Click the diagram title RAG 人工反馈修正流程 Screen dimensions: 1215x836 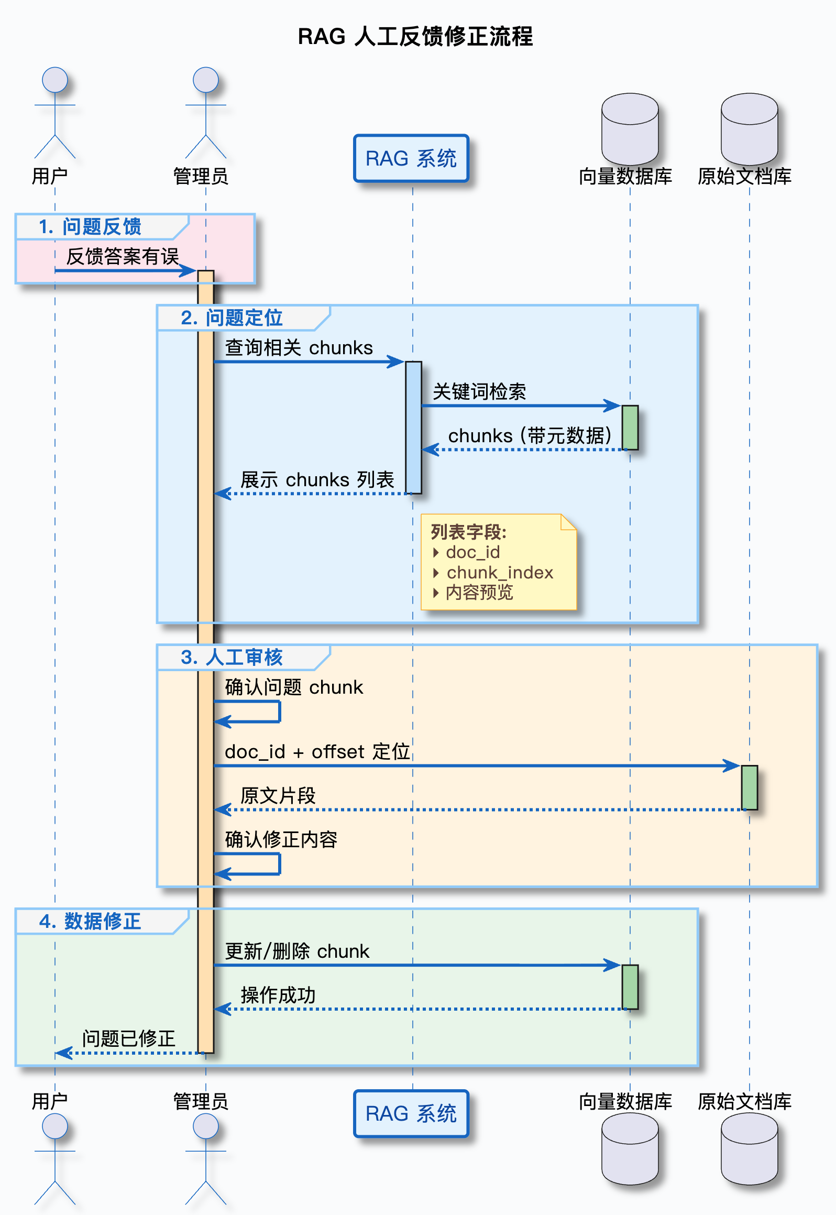(x=415, y=37)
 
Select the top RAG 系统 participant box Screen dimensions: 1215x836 (x=411, y=158)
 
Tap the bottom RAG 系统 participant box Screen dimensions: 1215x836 (x=411, y=1113)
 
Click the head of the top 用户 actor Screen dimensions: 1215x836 (x=55, y=80)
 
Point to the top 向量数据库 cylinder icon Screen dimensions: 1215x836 (x=630, y=129)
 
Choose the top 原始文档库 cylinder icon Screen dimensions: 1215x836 (x=749, y=129)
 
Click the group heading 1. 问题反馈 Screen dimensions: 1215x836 (x=90, y=227)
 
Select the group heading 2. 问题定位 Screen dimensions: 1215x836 (x=232, y=318)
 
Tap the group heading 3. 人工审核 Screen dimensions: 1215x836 (x=232, y=658)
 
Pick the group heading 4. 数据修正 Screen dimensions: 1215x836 (x=90, y=921)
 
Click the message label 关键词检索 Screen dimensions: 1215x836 (x=479, y=391)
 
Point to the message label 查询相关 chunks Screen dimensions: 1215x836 (x=299, y=348)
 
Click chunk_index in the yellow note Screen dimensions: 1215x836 (x=500, y=572)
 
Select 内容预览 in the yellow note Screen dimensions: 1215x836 (x=479, y=593)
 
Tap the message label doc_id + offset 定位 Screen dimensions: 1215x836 (x=317, y=752)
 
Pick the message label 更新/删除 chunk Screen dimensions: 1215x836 (x=297, y=951)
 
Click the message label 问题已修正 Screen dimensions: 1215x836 (x=128, y=1038)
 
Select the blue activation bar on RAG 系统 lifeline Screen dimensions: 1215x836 (x=413, y=427)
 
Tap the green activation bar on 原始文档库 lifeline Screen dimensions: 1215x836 (x=749, y=787)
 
